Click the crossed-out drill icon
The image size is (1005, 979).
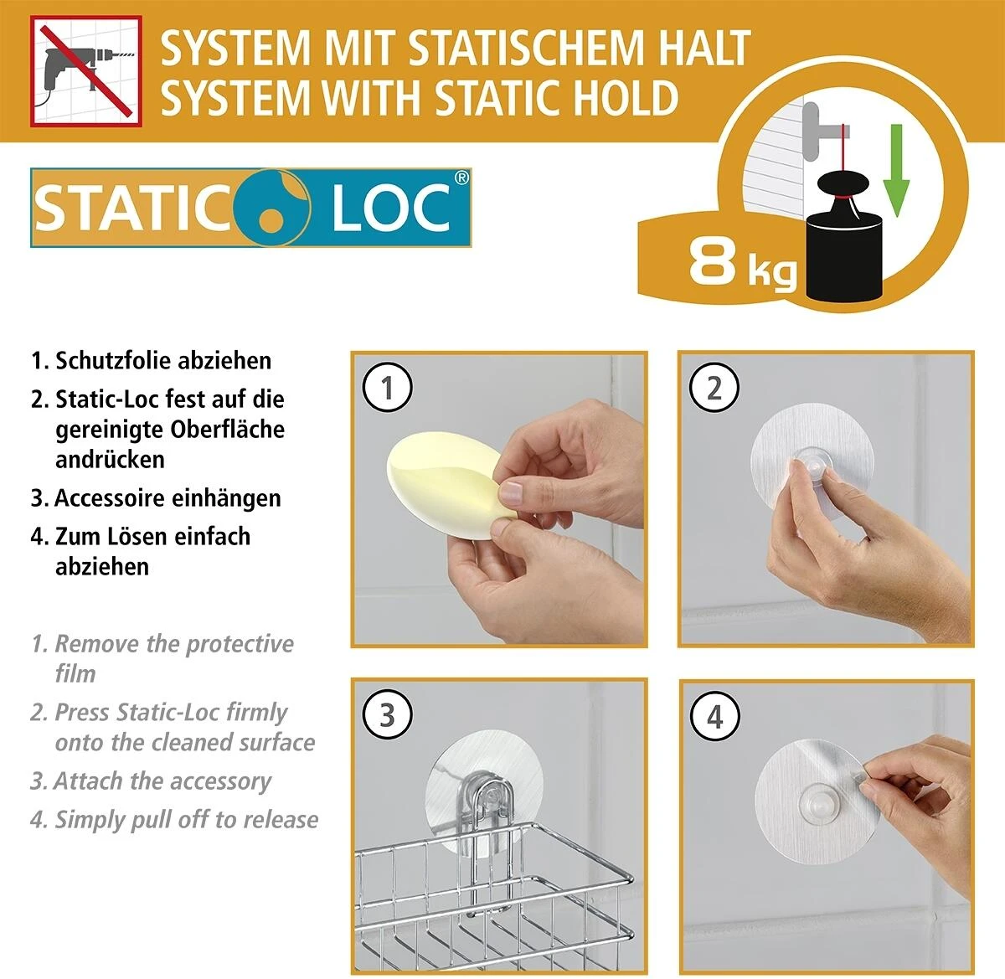coord(85,70)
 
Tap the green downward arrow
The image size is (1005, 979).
coord(895,169)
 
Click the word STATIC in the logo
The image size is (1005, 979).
coord(131,208)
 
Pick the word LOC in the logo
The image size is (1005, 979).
coord(391,208)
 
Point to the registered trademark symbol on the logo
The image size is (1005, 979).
coord(461,178)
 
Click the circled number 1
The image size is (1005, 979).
coord(387,387)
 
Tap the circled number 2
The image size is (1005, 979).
coord(714,387)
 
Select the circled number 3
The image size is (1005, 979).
coord(387,715)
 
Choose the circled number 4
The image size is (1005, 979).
coord(714,716)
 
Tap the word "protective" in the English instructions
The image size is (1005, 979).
coord(240,644)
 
